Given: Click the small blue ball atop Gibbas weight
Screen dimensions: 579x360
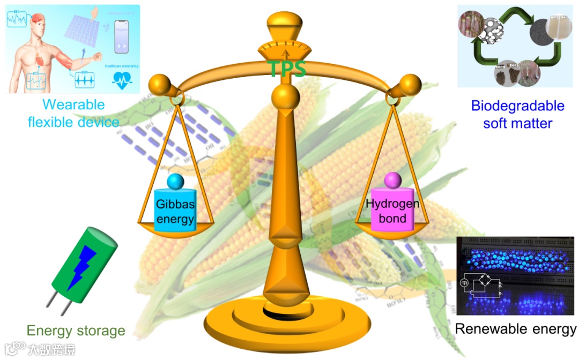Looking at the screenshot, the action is pyautogui.click(x=175, y=182).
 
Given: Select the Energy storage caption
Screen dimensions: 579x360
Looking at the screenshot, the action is pyautogui.click(x=76, y=331).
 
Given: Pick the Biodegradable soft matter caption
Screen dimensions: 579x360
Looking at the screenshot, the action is pyautogui.click(x=517, y=114).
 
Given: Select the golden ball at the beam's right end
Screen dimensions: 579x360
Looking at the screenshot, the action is pyautogui.click(x=411, y=84).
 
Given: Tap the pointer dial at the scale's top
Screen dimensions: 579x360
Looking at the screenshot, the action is pyautogui.click(x=285, y=49).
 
